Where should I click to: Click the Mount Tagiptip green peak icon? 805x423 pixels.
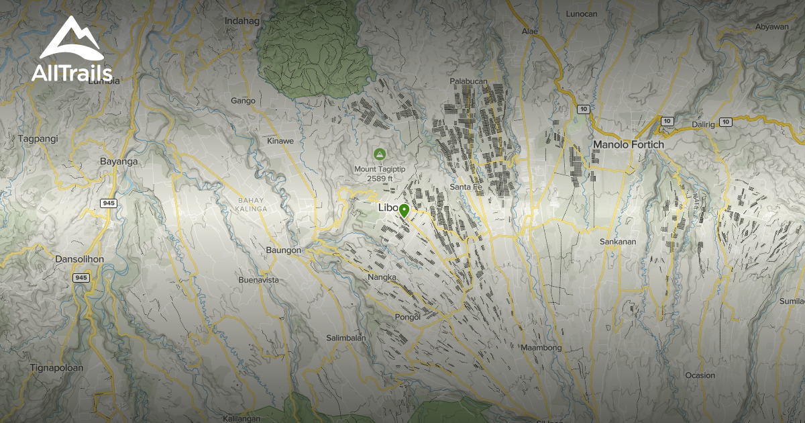click(380, 154)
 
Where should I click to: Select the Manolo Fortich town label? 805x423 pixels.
click(628, 144)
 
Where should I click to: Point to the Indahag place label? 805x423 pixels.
click(241, 21)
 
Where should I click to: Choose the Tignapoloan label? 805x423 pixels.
click(56, 368)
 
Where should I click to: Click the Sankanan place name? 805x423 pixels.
click(617, 241)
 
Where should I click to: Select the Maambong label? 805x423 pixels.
click(541, 348)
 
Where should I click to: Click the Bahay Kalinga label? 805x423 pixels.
click(252, 205)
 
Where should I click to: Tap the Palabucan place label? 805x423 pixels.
click(468, 81)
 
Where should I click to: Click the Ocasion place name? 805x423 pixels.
click(700, 375)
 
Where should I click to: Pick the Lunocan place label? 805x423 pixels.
click(581, 13)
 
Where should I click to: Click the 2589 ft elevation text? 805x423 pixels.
click(380, 179)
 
